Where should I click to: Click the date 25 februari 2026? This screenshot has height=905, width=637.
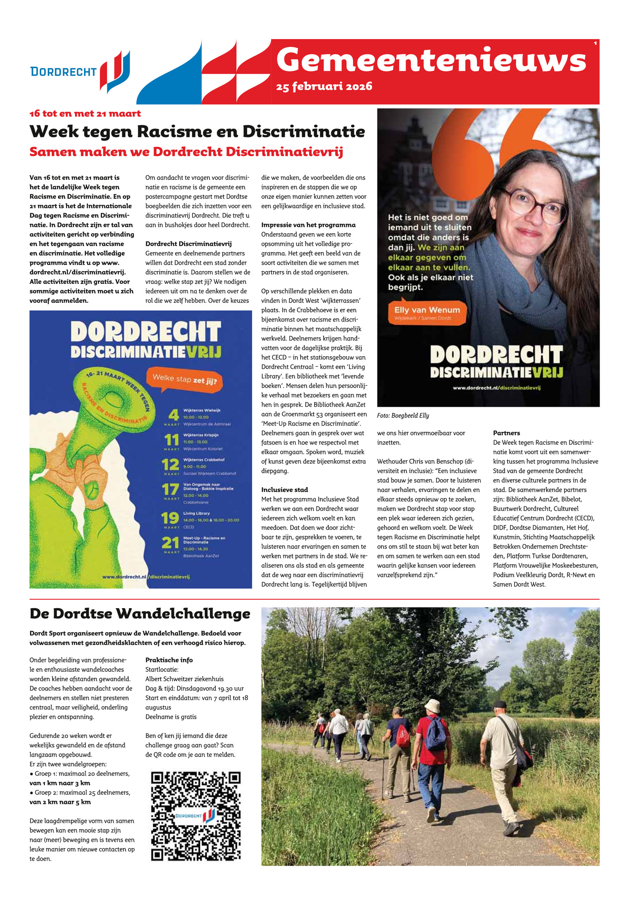click(324, 86)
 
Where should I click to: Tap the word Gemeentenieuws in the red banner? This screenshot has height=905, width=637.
click(431, 60)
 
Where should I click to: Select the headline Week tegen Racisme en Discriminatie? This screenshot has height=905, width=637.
click(197, 131)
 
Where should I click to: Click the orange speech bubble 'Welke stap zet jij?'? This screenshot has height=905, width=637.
click(185, 380)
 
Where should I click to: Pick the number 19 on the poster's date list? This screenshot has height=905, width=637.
click(170, 518)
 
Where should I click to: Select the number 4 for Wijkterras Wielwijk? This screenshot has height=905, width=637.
click(173, 415)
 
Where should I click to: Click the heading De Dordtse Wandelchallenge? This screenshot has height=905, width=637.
click(140, 613)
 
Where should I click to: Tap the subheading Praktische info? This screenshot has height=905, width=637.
click(169, 660)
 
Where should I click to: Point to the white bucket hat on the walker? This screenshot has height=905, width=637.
click(431, 705)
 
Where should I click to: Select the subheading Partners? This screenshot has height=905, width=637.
click(506, 433)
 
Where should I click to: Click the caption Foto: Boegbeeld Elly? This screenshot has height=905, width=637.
click(403, 415)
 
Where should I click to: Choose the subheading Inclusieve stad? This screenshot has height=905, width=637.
click(284, 490)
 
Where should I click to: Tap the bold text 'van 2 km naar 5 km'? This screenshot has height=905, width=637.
click(60, 802)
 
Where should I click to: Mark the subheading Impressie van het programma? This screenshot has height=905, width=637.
click(308, 225)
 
